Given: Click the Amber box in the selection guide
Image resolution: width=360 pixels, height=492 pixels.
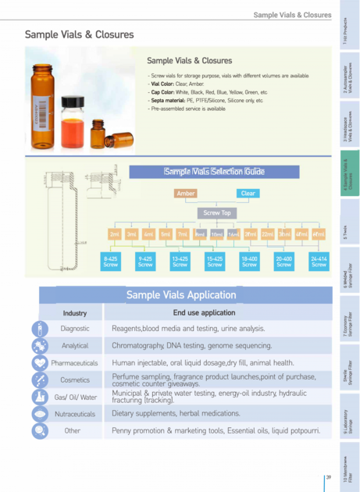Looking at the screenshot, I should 186,193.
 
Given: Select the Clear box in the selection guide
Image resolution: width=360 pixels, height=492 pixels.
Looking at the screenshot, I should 248,193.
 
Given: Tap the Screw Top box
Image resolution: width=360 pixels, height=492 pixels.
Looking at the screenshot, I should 216,212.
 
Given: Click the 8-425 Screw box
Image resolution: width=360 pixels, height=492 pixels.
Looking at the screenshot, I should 111,262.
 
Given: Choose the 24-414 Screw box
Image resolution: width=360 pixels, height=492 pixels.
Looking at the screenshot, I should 319,262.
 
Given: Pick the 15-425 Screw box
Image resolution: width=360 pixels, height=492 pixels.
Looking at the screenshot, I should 215,262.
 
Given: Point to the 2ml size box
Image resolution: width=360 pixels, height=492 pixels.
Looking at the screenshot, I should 115,234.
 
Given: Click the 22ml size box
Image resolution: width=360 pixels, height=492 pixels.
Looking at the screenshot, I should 267,234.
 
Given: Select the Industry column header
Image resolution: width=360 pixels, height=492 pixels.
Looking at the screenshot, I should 75,313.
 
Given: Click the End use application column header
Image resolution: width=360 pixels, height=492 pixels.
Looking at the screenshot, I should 210,313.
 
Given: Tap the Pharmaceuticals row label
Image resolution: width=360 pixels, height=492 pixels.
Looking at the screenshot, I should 75,363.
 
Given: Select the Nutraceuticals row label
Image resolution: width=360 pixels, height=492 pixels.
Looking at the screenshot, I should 75,414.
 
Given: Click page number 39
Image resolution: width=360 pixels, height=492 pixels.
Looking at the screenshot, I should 330,478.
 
